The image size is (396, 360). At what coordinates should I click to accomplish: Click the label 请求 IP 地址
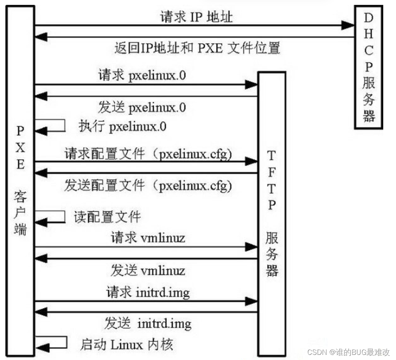(196, 17)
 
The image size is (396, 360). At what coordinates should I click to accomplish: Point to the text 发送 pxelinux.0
(142, 107)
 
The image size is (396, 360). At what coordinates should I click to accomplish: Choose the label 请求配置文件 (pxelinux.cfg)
(148, 154)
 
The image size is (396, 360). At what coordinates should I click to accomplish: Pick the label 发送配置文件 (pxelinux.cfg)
(148, 185)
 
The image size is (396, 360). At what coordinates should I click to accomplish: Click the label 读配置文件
(107, 217)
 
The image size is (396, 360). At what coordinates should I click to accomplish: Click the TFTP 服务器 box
(271, 213)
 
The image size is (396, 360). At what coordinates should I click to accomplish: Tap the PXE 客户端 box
(21, 182)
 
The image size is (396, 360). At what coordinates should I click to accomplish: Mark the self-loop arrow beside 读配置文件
(51, 217)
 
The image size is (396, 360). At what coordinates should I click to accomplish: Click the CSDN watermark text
(348, 352)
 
